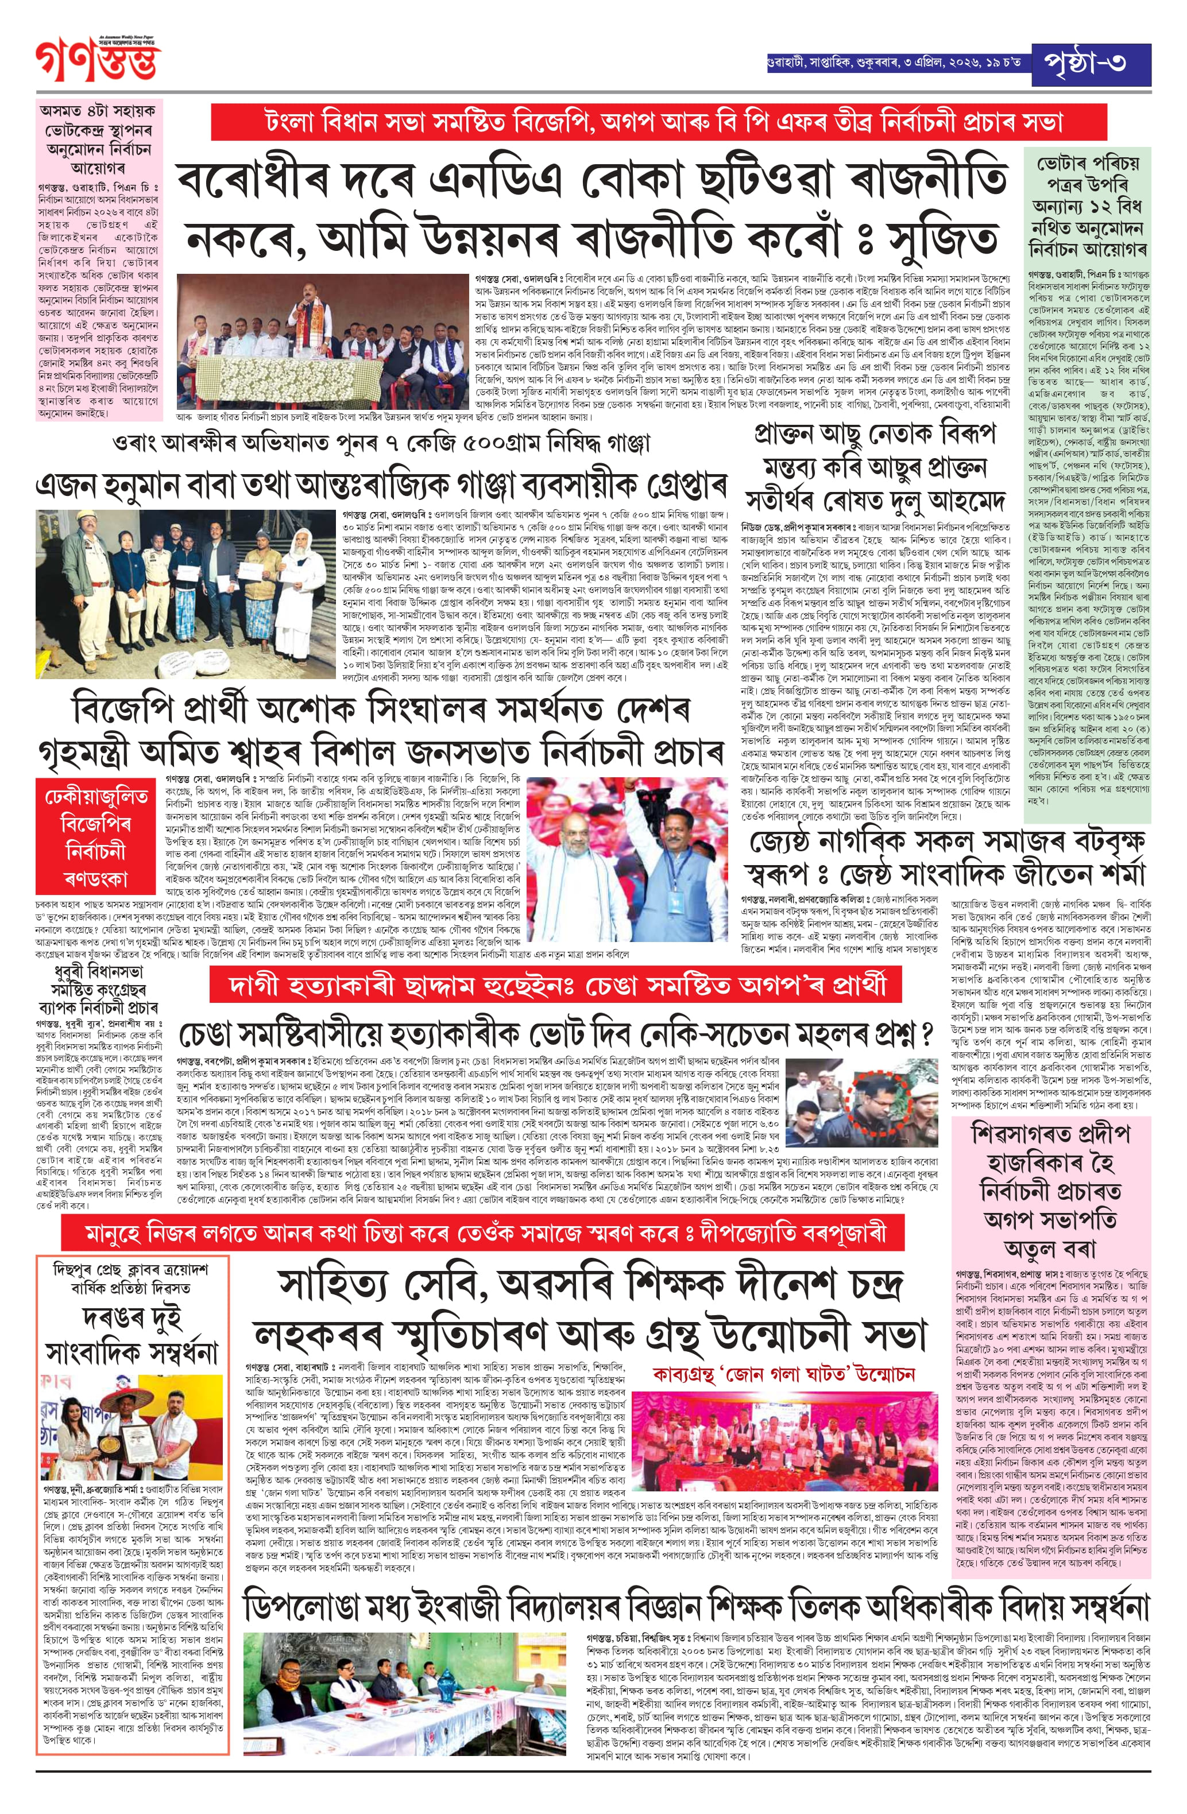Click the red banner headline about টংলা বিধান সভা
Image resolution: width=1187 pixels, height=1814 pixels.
(x=614, y=121)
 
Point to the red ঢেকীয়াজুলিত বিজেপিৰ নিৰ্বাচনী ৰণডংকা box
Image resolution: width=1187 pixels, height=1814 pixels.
(x=96, y=837)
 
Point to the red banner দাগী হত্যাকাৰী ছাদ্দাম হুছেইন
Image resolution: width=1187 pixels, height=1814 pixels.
(x=556, y=986)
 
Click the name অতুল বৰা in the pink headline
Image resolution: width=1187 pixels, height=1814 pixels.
(x=1050, y=1249)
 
